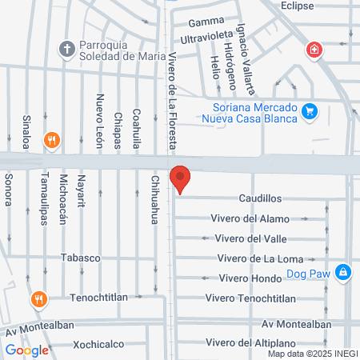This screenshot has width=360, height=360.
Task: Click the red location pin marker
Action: [181, 178]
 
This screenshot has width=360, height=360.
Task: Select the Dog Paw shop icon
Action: [342, 272]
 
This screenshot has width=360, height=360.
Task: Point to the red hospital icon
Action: [316, 50]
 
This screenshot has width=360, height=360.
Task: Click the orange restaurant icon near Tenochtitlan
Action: [37, 300]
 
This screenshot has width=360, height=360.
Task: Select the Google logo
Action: [27, 350]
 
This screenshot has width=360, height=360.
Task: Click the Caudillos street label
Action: [260, 197]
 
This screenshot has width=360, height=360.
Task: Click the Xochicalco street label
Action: [100, 345]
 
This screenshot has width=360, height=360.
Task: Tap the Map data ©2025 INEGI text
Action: [312, 353]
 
